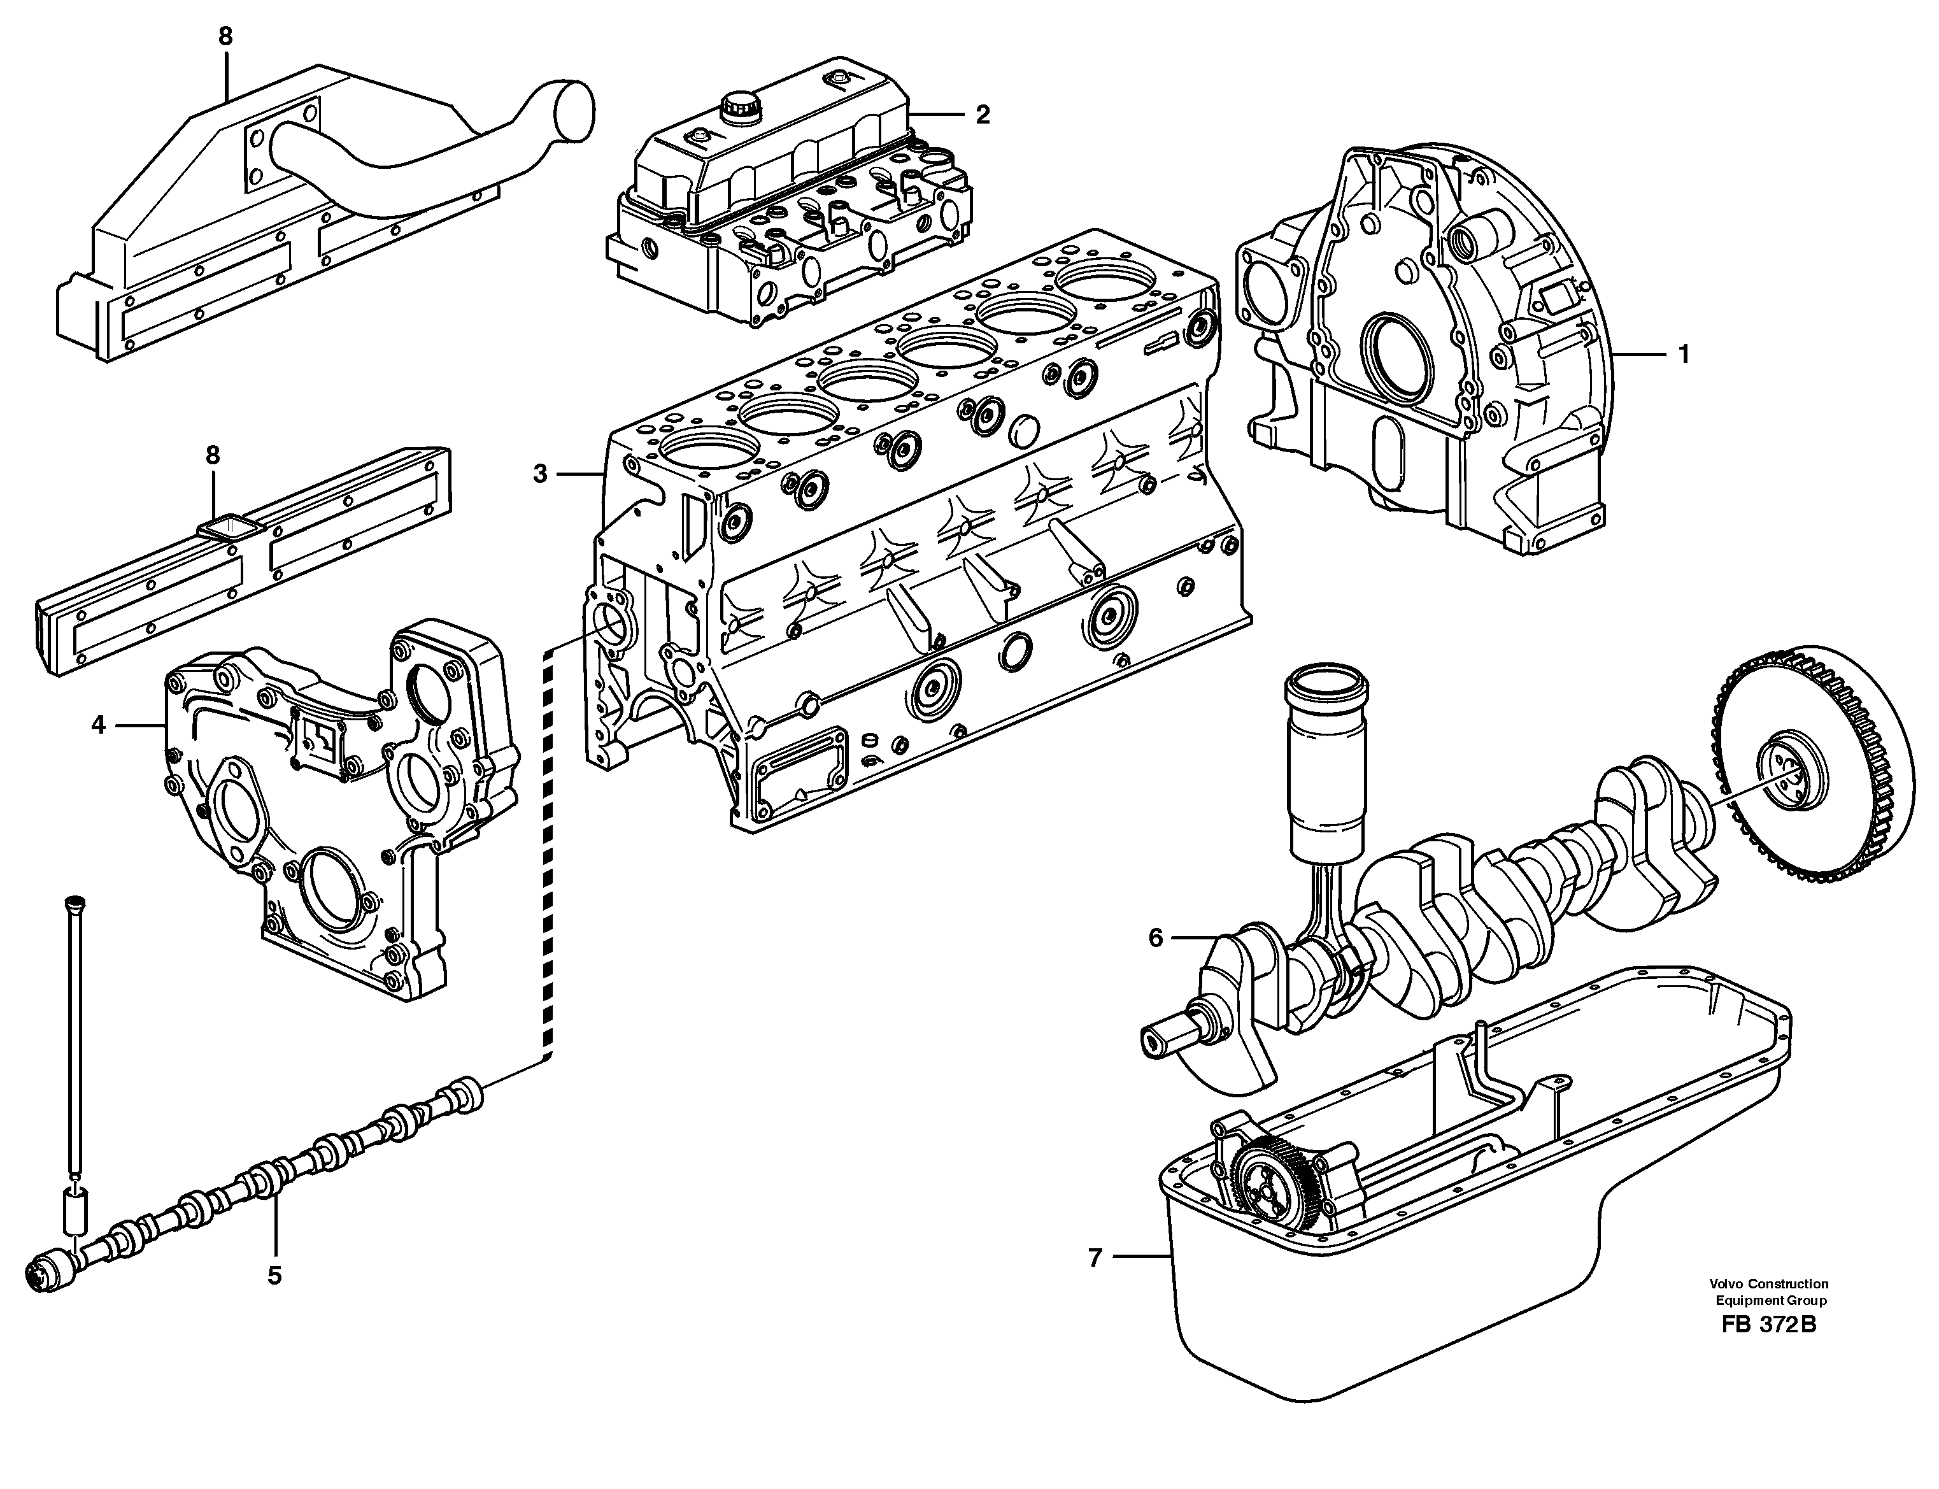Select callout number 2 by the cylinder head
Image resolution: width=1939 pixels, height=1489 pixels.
click(x=982, y=115)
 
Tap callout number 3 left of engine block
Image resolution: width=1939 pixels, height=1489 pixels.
click(x=541, y=474)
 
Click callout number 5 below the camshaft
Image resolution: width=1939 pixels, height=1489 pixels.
click(x=274, y=1276)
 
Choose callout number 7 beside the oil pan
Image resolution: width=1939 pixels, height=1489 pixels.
click(x=1095, y=1257)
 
